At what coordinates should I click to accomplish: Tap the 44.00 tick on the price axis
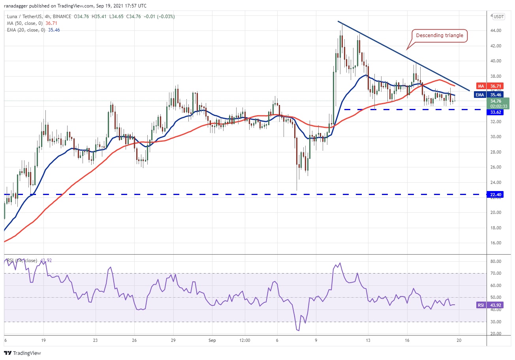pos(496,30)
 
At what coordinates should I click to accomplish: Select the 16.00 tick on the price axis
pos(496,243)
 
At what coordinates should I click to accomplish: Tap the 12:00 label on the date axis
pos(245,339)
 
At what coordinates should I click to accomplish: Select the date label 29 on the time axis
pos(173,339)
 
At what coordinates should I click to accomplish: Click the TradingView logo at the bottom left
pos(23,353)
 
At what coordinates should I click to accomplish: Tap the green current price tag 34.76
pos(500,103)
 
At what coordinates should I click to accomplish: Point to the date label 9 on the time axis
pos(316,339)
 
